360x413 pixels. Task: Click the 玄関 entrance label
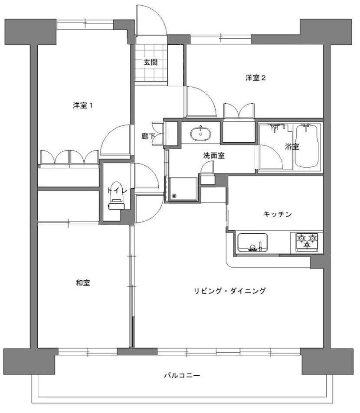tap(151, 62)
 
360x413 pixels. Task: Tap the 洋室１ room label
tap(82, 106)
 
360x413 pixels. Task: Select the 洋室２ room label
tap(255, 78)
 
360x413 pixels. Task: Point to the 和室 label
tap(83, 283)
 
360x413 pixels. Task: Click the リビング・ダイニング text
tap(229, 291)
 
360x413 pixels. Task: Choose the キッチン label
tap(277, 214)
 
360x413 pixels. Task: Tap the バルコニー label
tap(182, 375)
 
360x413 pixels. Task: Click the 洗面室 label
tap(214, 156)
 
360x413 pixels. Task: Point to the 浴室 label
tap(292, 147)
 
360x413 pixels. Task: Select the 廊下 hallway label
tap(148, 136)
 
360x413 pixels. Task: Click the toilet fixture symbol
tap(117, 195)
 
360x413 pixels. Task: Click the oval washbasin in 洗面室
tap(201, 133)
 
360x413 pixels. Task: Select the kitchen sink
tap(253, 243)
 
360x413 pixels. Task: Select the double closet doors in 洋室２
tap(239, 111)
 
